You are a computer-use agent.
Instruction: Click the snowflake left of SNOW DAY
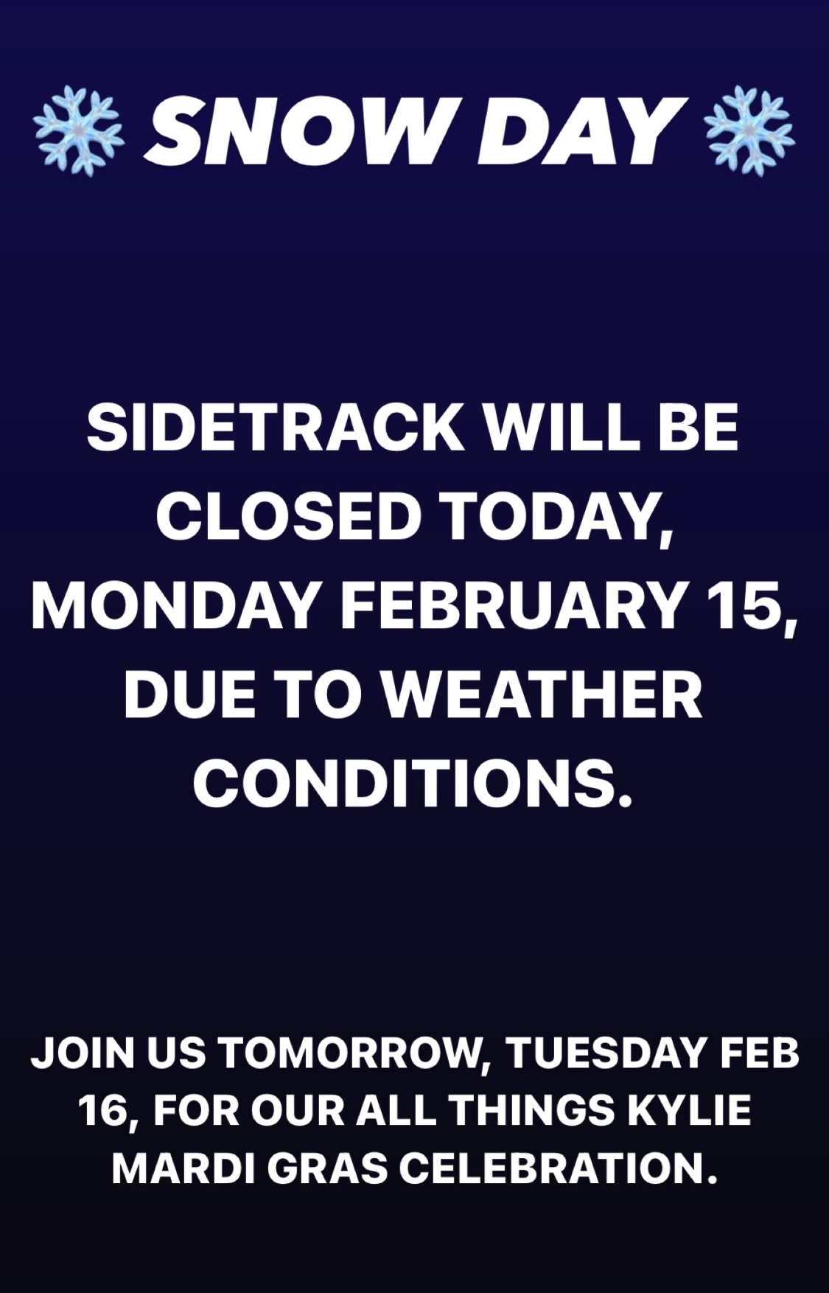coord(79,130)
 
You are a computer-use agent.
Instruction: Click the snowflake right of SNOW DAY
coord(750,130)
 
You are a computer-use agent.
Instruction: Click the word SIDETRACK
coord(275,428)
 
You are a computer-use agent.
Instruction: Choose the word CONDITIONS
coord(413,783)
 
